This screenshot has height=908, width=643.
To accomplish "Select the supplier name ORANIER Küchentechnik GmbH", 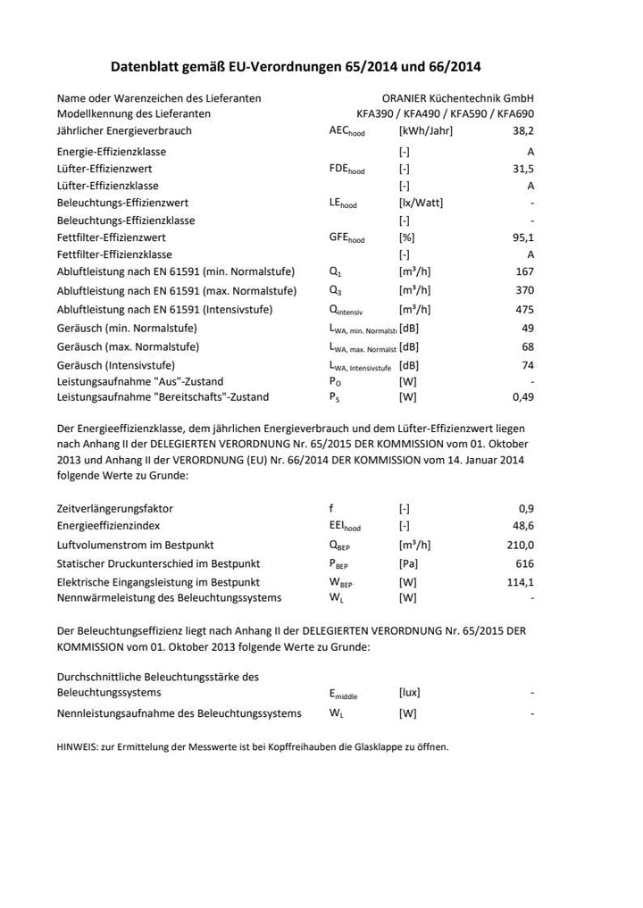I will pos(457,97).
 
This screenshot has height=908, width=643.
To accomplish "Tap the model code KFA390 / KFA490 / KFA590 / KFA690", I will pos(445,113).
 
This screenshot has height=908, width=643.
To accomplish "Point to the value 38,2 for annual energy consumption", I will pos(522,130).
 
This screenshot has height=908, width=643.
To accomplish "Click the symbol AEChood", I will pos(347,131).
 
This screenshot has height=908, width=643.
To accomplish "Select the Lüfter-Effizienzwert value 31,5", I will pos(522,169).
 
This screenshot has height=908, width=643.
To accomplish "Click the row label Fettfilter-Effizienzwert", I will pos(111,237).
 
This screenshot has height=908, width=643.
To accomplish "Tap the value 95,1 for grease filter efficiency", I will pos(522,237).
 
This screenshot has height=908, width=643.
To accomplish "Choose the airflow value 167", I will pos(525,271).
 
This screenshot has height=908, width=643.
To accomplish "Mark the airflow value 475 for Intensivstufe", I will pos(525,309).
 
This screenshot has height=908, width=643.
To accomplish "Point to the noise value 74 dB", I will pos(527,365).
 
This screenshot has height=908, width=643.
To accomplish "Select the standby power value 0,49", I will pos(522,396).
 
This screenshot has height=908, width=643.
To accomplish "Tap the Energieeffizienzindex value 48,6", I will pos(522,526).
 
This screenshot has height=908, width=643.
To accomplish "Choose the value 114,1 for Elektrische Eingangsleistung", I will pos(520,582).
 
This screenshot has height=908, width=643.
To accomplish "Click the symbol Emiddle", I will pos(343,694).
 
